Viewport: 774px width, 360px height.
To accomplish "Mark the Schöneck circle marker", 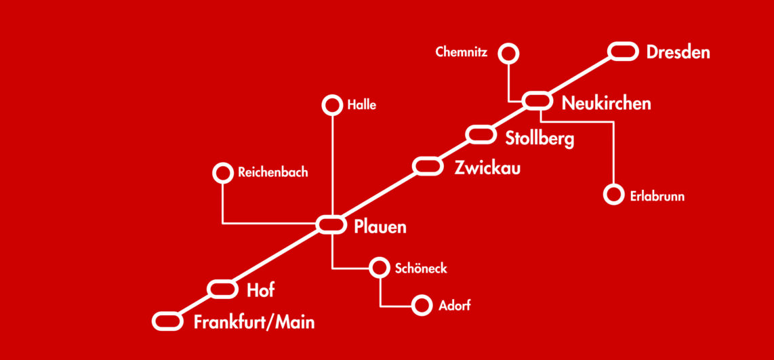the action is (x=379, y=259).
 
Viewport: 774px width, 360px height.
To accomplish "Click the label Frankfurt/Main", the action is (x=253, y=323).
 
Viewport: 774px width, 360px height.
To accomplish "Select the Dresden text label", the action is (x=678, y=52).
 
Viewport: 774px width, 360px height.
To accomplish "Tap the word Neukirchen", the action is (x=606, y=103).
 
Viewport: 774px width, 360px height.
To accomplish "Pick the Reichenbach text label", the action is (x=272, y=172).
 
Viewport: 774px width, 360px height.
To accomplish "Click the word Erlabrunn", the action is (x=657, y=196).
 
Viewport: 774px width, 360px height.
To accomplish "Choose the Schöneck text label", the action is (x=421, y=268).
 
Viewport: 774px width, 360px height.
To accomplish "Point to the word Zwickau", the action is (x=487, y=169).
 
